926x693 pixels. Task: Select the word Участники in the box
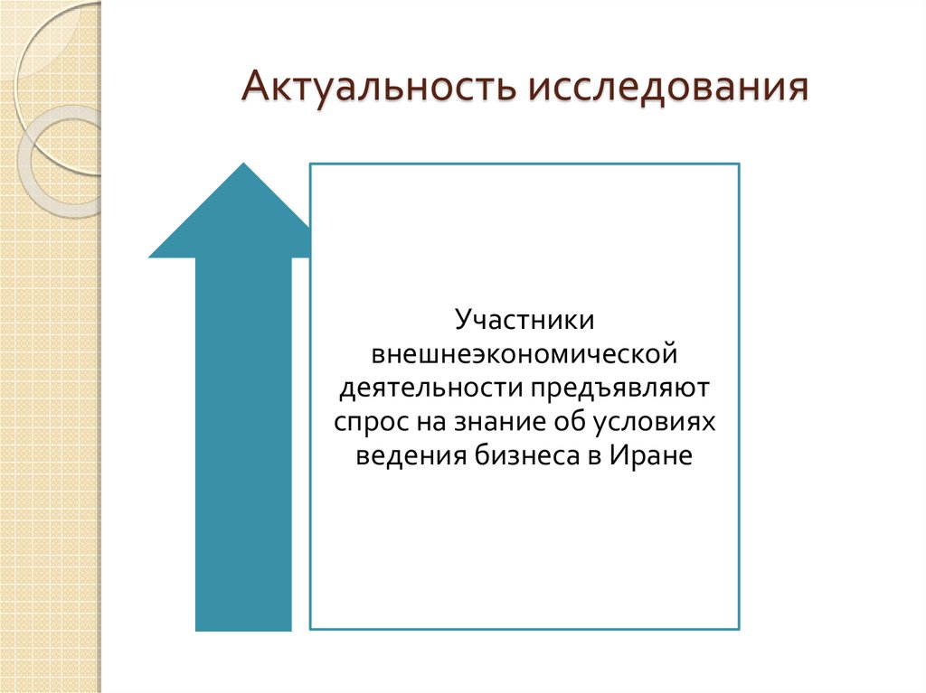[x=524, y=320]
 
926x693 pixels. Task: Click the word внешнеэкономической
[x=524, y=353]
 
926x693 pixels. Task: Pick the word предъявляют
[x=619, y=388]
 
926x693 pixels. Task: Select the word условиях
[x=656, y=422]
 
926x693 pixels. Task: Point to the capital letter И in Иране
[x=618, y=456]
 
